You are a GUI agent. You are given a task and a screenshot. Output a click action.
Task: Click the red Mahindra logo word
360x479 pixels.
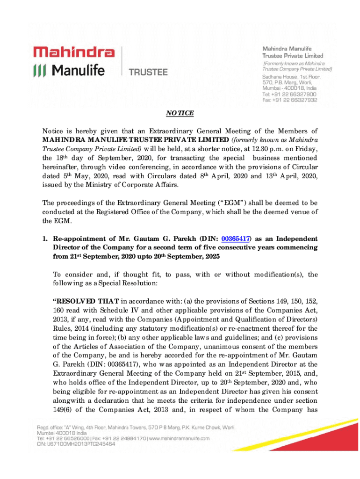coord(74,51)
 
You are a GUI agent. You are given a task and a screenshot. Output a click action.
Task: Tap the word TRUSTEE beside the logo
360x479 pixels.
coord(148,72)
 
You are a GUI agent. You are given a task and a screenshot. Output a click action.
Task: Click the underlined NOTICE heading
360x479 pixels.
coord(180,114)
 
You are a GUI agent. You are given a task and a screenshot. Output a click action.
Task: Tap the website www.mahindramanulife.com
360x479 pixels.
coord(179,438)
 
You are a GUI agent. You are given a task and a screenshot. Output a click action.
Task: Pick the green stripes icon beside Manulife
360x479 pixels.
coord(39,71)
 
